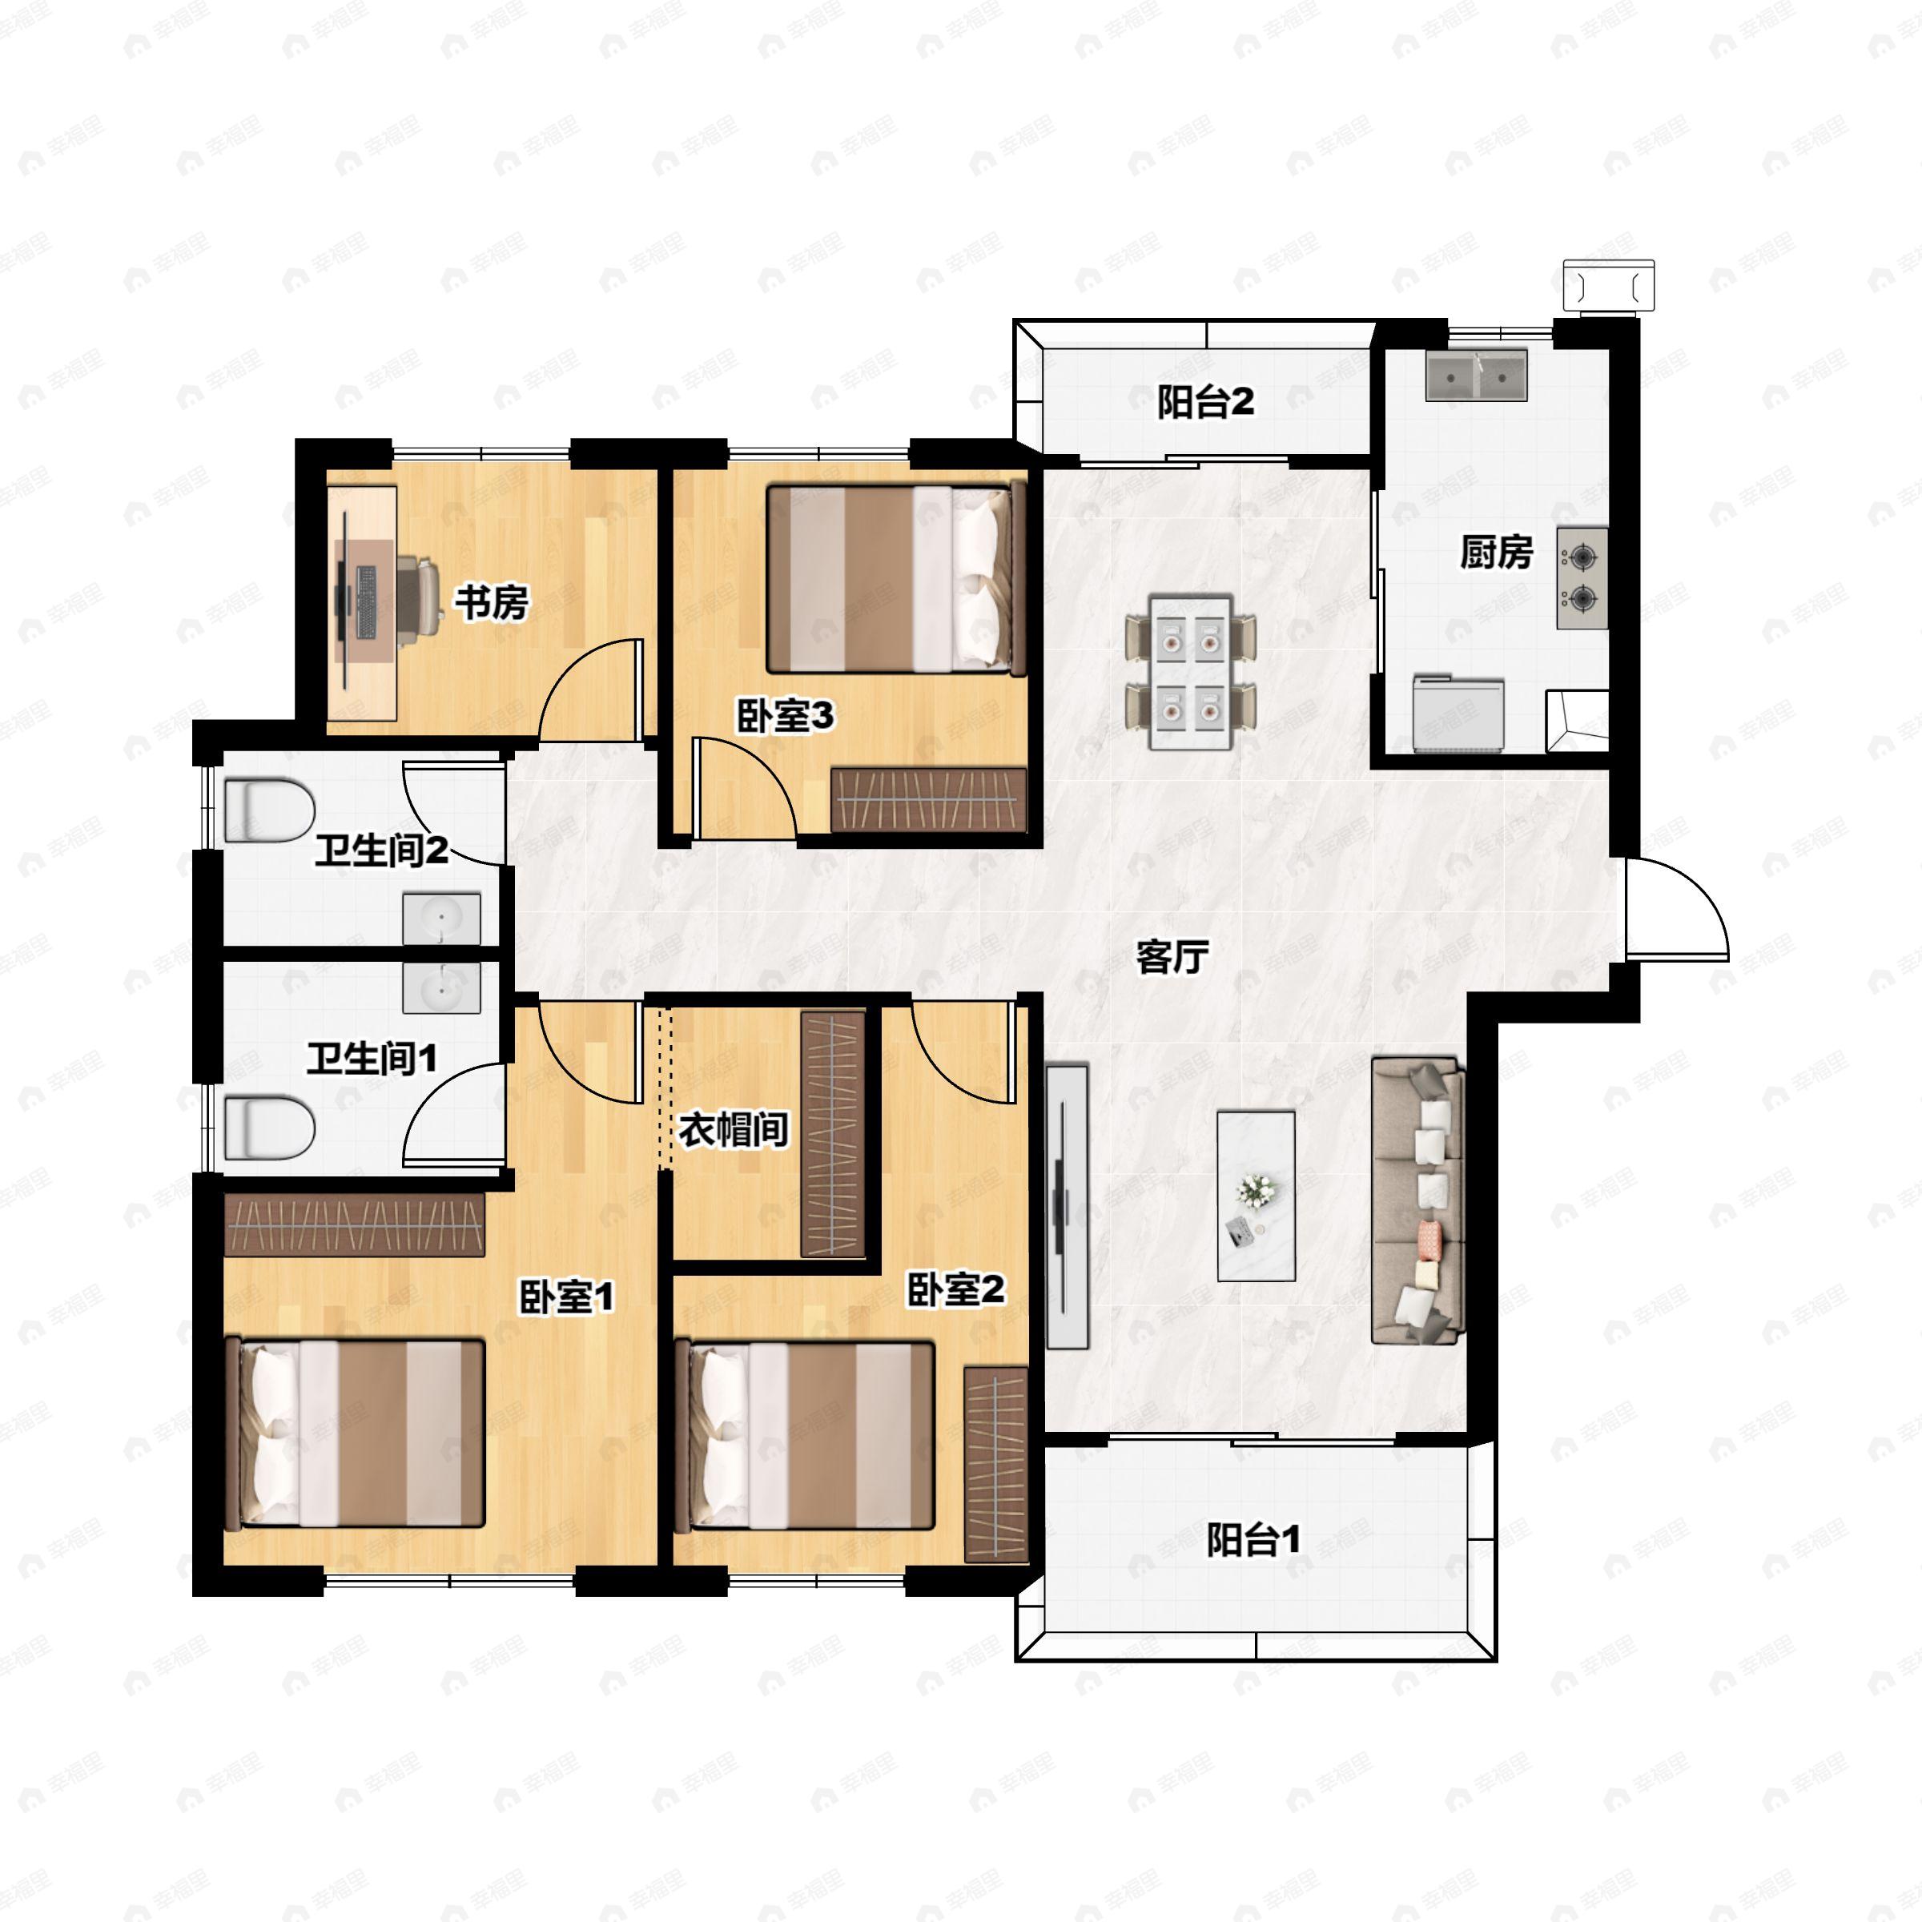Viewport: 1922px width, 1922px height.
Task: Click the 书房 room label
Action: click(x=492, y=602)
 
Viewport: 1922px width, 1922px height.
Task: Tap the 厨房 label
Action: click(x=1496, y=552)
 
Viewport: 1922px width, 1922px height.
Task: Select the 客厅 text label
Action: click(x=1173, y=957)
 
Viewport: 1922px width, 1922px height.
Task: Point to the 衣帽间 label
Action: click(x=734, y=1130)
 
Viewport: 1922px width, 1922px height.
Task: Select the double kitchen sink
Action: click(x=1476, y=374)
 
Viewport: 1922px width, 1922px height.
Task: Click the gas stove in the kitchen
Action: click(x=1582, y=578)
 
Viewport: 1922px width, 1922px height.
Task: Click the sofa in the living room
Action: click(x=1417, y=1202)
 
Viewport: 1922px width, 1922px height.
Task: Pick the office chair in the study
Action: click(x=420, y=595)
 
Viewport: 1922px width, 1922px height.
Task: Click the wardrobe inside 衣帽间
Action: click(x=834, y=1134)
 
